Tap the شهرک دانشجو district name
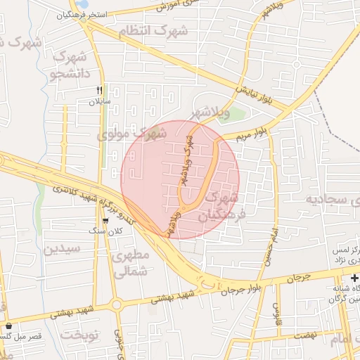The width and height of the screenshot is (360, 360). [70, 65]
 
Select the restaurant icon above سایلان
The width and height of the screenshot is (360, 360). [99, 90]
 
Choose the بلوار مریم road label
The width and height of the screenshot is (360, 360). [252, 131]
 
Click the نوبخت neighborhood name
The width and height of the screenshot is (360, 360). [81, 335]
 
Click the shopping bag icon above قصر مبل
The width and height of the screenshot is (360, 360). [8, 326]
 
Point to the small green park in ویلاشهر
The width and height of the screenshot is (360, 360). [237, 115]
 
